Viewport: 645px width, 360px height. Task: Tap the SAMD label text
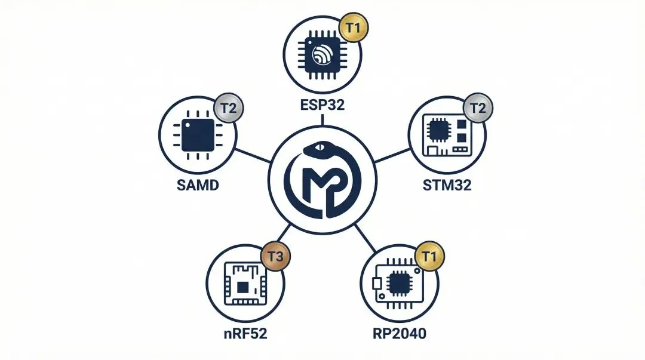click(x=198, y=184)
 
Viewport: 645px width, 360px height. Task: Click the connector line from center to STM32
click(x=392, y=154)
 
